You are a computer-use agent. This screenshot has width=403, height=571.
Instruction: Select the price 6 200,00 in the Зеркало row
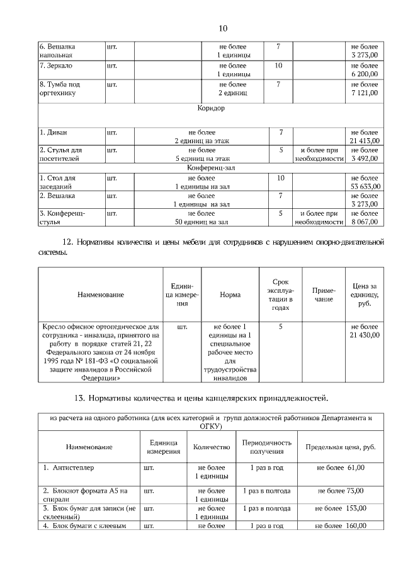365,74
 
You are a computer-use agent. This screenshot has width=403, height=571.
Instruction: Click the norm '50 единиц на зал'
201,222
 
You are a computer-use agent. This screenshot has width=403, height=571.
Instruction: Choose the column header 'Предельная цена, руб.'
341,447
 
